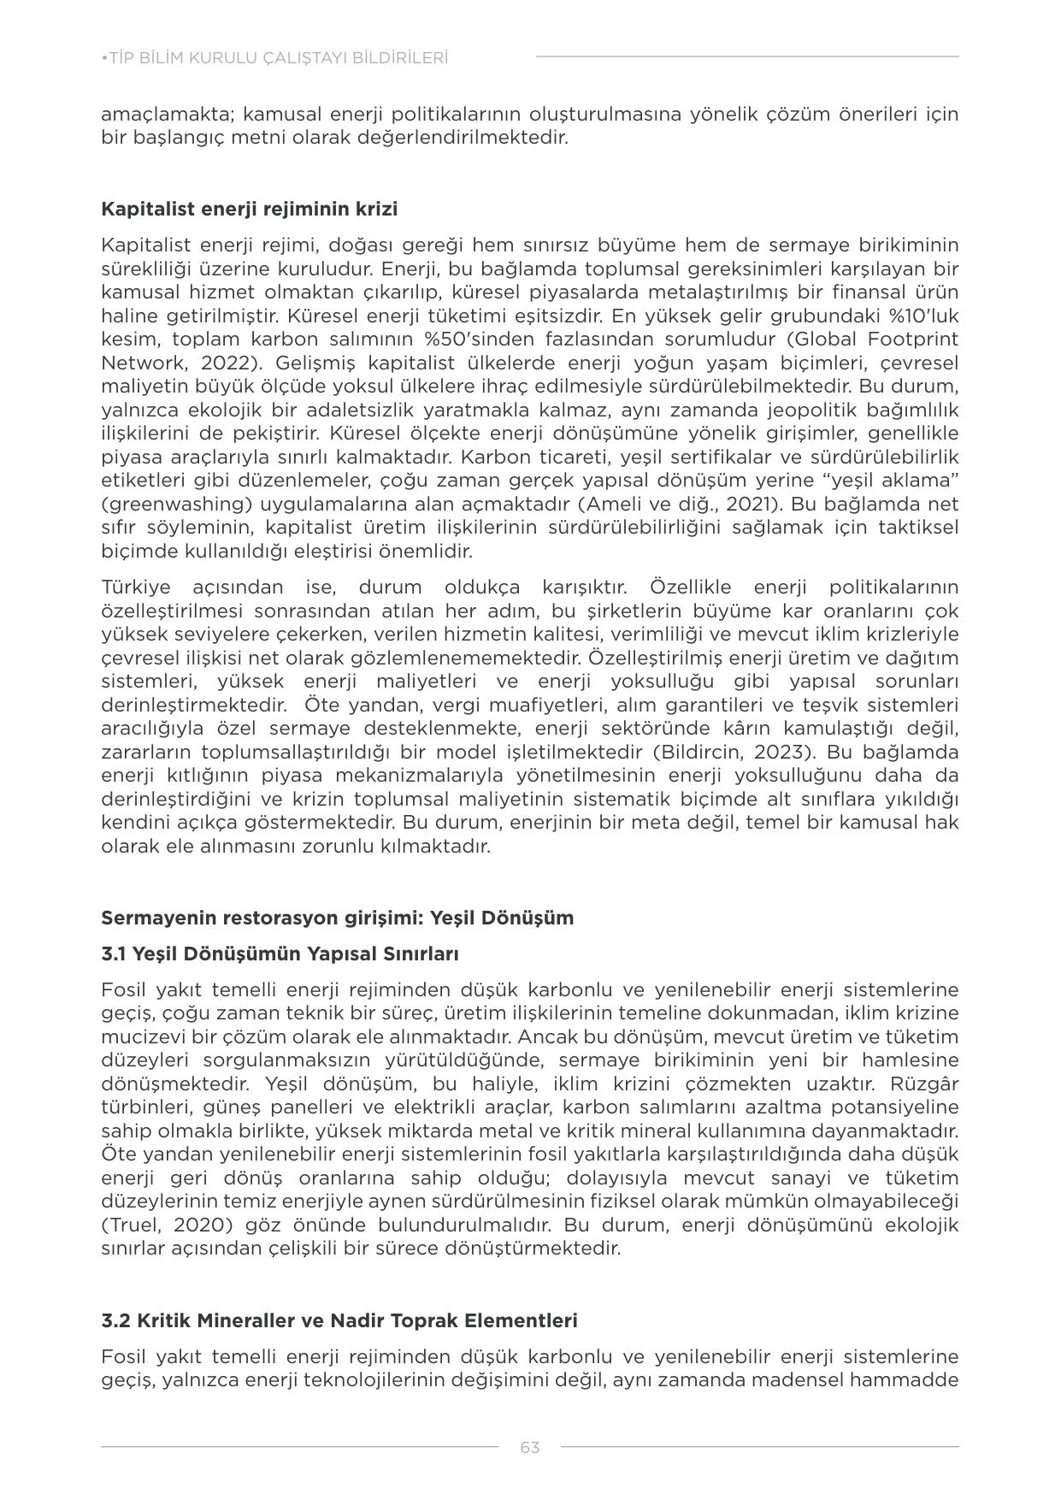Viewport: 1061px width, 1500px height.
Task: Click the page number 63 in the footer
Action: coord(529,1447)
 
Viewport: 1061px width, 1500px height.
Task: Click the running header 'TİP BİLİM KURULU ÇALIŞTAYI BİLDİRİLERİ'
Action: coord(274,58)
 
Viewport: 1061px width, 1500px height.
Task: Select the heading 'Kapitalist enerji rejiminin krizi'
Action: coord(249,210)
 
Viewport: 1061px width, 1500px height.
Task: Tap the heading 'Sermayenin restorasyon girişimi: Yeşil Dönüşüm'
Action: coord(337,918)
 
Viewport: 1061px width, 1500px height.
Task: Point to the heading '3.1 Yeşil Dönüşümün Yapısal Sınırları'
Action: coord(280,954)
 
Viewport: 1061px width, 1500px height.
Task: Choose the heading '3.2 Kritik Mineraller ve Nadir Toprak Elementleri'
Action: coord(339,1320)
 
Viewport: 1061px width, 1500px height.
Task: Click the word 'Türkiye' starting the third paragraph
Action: coord(135,588)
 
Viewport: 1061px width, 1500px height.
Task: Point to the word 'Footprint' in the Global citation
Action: coord(917,340)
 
